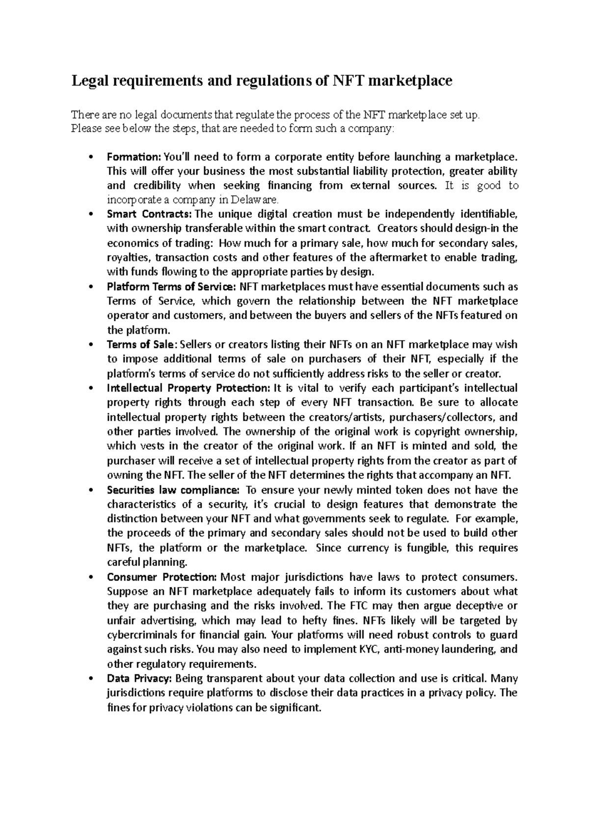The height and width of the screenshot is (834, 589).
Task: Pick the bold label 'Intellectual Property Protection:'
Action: click(188, 388)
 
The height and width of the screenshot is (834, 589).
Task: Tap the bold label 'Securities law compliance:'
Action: click(173, 490)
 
